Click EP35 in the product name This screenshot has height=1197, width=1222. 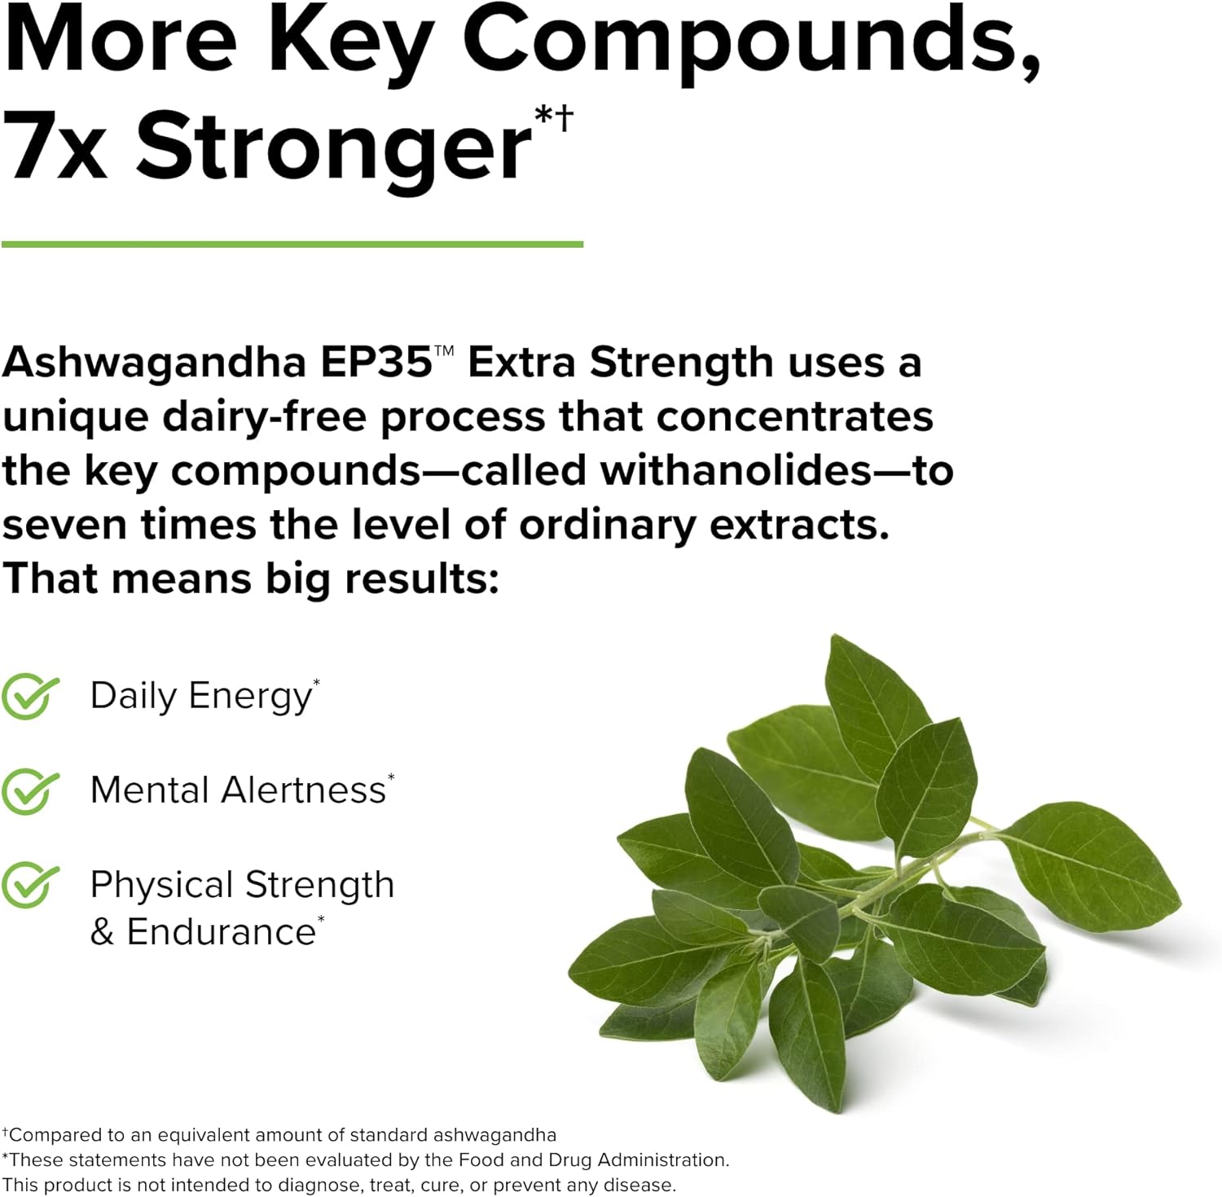376,362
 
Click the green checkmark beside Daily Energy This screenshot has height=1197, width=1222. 30,697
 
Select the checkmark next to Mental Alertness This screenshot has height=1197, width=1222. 30,791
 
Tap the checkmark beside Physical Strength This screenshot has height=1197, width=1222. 30,886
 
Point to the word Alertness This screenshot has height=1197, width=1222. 303,790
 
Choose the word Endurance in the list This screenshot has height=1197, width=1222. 221,932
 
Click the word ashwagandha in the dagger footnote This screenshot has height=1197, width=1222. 495,1135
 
